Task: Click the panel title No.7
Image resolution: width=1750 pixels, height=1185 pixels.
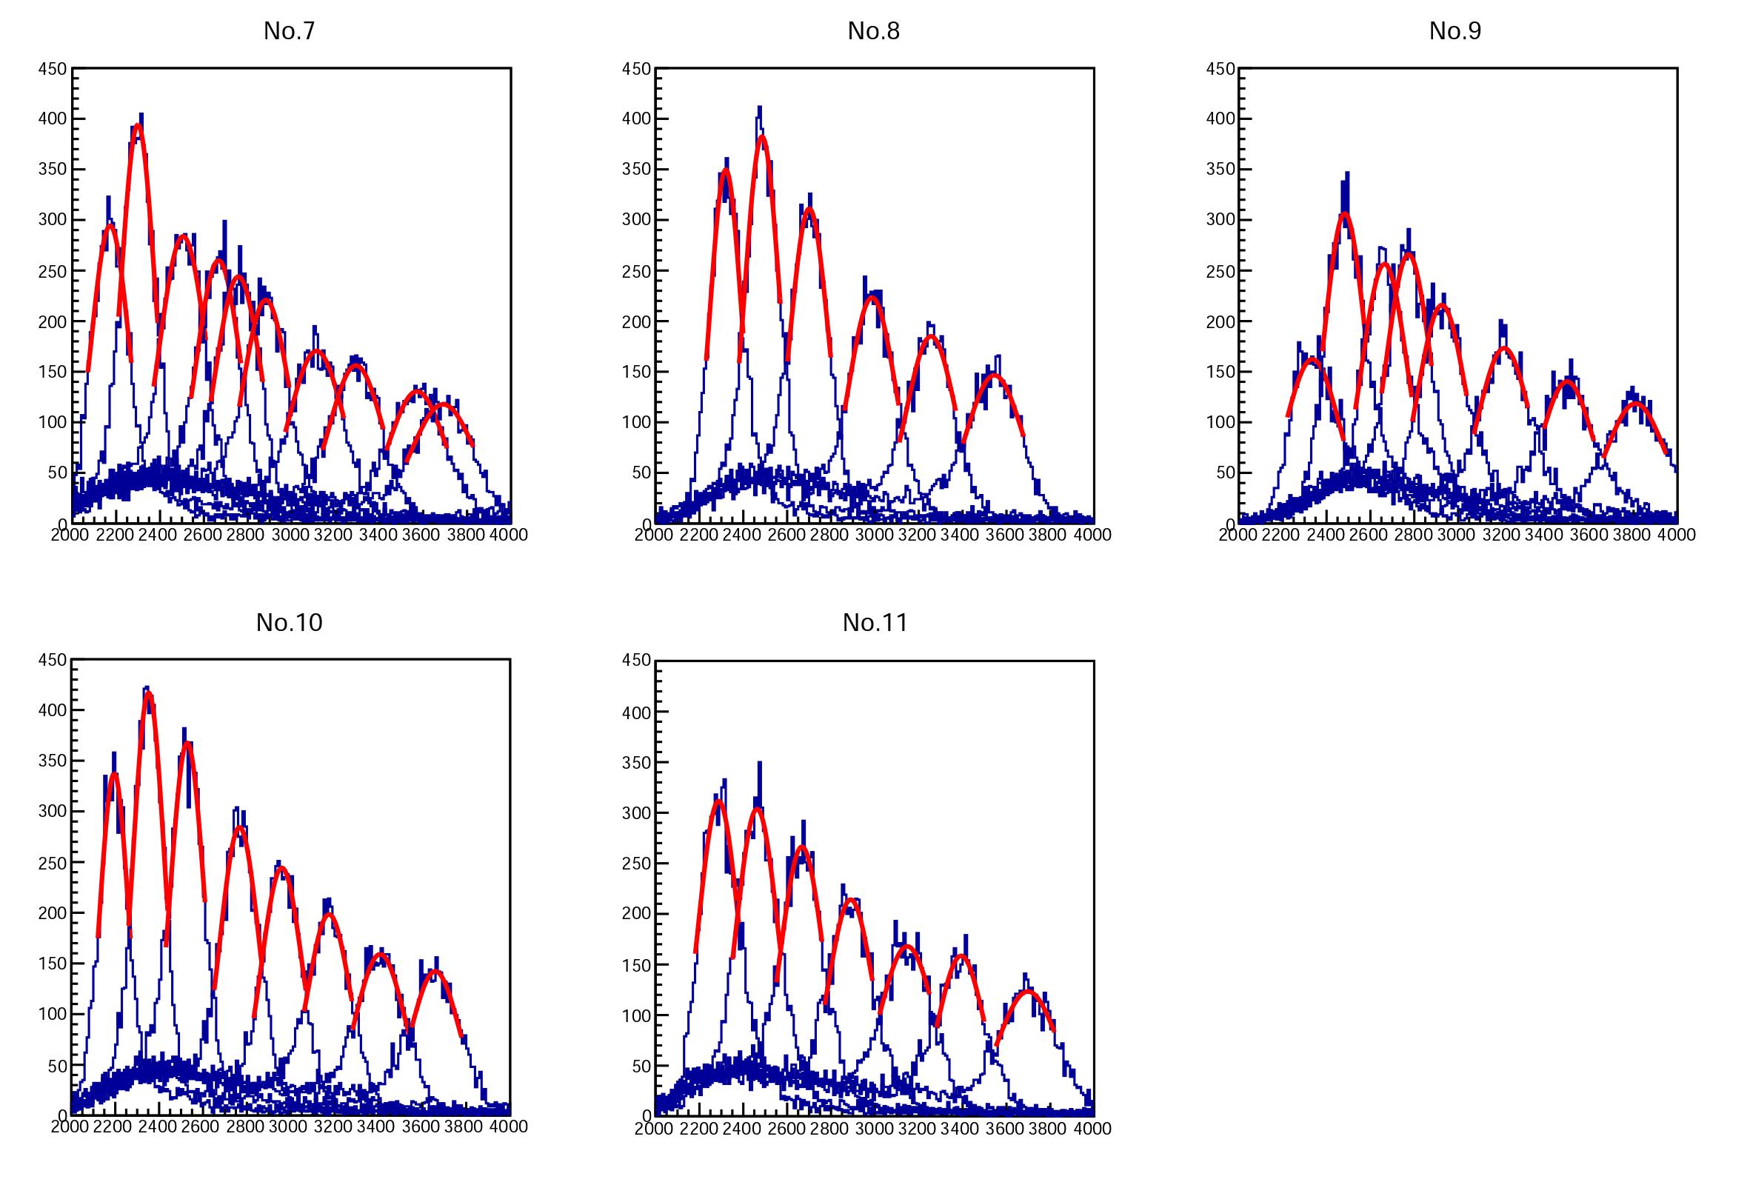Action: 289,31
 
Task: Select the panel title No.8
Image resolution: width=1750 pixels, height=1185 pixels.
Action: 873,31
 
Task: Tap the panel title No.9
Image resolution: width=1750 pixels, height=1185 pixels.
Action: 1455,31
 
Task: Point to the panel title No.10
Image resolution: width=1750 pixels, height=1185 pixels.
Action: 289,623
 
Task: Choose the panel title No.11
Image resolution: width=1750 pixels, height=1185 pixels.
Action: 875,623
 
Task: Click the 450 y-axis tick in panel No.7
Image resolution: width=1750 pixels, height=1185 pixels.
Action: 53,70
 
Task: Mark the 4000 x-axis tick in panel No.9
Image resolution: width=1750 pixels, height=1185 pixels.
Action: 1677,535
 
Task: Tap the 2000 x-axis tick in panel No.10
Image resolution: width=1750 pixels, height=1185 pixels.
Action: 70,1126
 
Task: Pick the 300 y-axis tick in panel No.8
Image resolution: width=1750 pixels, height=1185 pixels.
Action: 636,220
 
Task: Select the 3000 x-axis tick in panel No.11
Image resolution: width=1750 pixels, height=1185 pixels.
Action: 873,1129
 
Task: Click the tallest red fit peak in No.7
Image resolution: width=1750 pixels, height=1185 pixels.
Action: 137,126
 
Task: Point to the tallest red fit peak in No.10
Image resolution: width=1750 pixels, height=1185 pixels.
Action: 148,692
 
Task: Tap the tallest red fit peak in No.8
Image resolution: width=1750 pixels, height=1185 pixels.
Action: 762,137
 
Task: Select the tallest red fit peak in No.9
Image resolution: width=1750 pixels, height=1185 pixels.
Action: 1345,214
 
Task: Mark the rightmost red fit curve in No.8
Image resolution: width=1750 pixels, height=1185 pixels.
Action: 993,374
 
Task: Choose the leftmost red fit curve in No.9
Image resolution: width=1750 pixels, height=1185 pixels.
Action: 1312,359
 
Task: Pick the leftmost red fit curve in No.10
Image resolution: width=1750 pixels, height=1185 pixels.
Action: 114,774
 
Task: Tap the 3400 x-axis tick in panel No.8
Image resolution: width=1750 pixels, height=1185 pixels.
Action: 961,535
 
